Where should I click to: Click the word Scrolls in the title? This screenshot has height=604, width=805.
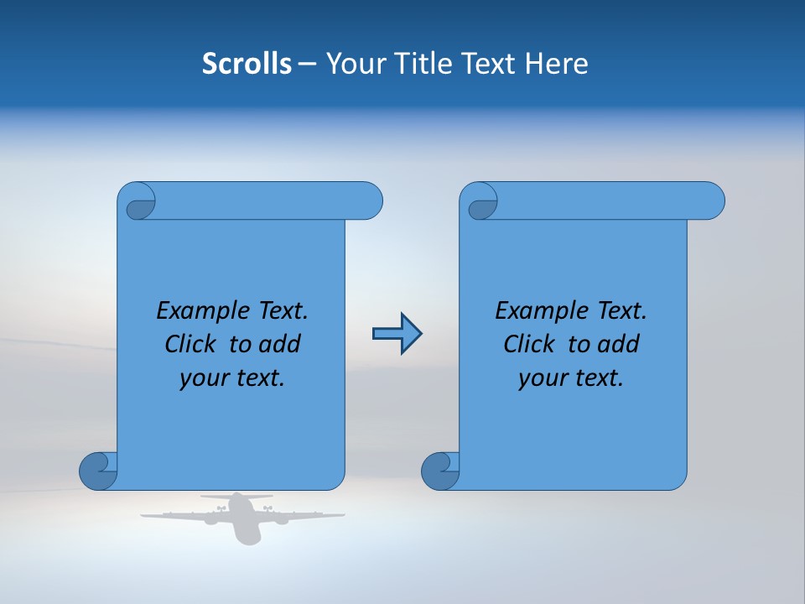(247, 64)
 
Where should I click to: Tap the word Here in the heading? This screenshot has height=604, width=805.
(557, 64)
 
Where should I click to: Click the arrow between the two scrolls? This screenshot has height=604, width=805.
(397, 334)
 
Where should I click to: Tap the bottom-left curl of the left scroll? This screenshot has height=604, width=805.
(97, 471)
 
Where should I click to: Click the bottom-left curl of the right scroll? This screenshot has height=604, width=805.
(439, 471)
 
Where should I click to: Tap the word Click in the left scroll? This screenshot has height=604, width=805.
(192, 344)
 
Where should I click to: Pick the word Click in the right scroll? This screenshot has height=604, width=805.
(530, 344)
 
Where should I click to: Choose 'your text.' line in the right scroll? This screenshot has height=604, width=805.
(571, 378)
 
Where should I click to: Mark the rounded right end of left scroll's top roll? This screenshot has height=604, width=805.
(370, 201)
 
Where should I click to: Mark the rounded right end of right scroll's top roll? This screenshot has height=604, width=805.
(712, 201)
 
